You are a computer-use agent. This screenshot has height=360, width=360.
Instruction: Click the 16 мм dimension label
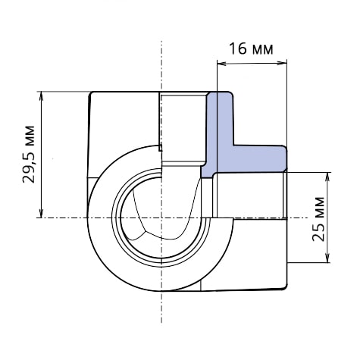pos(251,49)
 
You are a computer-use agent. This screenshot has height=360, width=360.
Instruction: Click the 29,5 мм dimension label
pos(28,154)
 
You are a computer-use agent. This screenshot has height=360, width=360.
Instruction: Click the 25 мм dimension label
pos(318,219)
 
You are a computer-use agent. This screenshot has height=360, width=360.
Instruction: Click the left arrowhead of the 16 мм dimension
pos(221,64)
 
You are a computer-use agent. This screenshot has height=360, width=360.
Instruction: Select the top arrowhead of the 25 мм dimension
pos(327,177)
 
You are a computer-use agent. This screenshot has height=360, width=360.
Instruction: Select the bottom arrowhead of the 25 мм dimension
pos(327,258)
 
